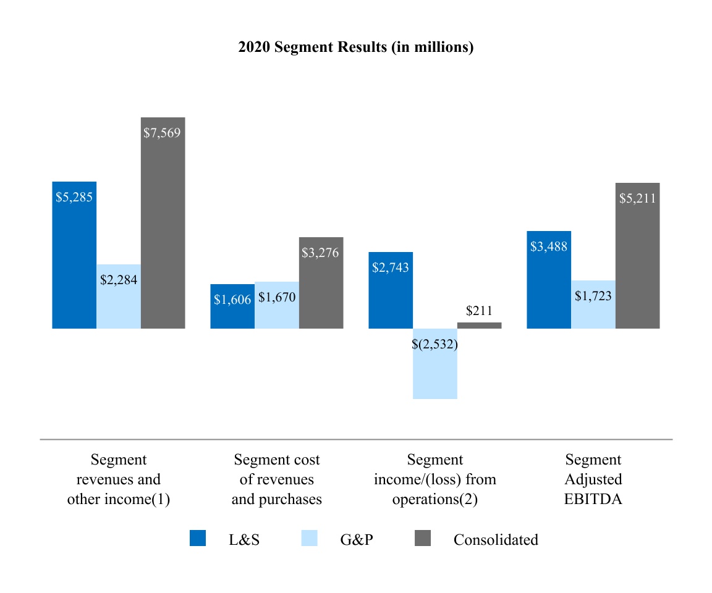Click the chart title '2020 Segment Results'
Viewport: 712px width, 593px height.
coord(355,48)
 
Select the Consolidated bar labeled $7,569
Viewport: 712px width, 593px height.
coord(163,222)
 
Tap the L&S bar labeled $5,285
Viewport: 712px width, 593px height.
coord(74,254)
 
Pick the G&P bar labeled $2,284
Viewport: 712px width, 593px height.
coord(119,296)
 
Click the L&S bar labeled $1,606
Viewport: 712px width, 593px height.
coord(232,306)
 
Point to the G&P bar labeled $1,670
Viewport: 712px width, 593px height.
coord(277,305)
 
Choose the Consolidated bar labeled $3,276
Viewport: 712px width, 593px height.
coord(321,283)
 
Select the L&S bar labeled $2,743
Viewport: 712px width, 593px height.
coord(391,290)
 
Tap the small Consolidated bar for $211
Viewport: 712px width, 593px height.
coord(480,326)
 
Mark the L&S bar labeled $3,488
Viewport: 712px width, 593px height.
coord(549,280)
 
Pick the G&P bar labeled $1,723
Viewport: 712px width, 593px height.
coord(593,305)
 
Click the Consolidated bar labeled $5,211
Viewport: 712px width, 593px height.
coord(638,256)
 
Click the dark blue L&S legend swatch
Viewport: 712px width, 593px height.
coord(198,539)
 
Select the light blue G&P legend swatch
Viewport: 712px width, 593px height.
coord(309,539)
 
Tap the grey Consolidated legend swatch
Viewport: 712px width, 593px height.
coord(422,539)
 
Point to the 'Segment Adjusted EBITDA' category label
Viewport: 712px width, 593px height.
coord(593,479)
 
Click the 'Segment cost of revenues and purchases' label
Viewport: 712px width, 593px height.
coord(277,479)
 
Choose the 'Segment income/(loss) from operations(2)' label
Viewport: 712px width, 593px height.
coord(435,479)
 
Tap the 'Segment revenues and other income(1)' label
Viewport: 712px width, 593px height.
coord(119,479)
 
